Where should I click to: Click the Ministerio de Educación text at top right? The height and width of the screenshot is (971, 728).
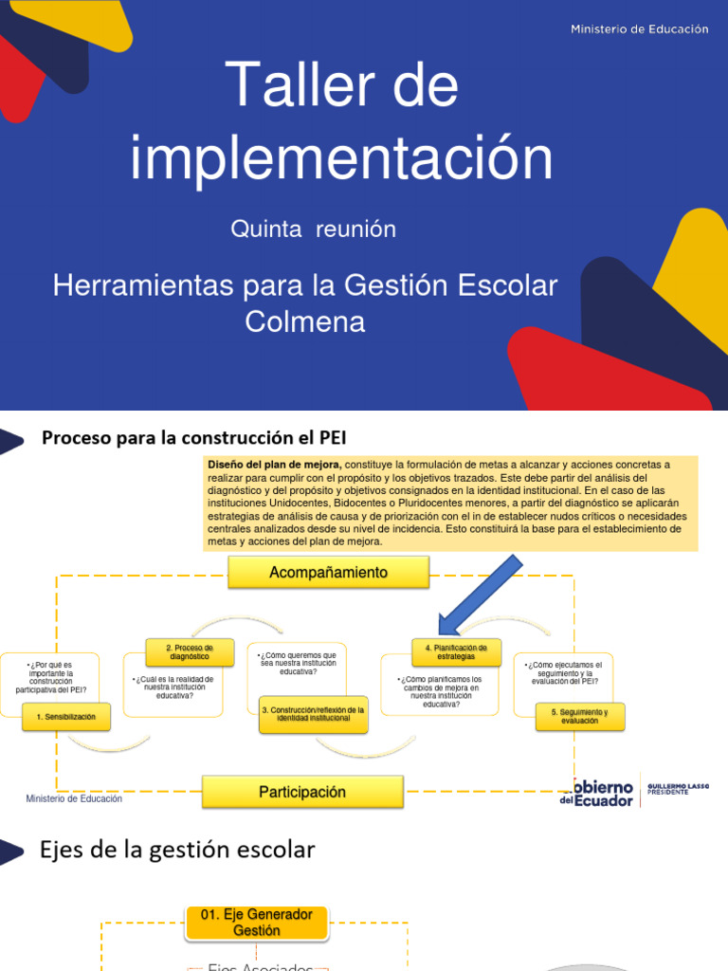point(639,29)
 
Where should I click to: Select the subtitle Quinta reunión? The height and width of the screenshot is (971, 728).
point(314,229)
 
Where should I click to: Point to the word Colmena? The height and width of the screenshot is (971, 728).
point(304,321)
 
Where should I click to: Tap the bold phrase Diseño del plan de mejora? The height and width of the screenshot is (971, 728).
point(274,465)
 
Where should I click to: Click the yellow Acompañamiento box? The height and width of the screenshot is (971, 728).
point(328,573)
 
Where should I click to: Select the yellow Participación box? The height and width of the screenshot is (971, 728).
point(302,792)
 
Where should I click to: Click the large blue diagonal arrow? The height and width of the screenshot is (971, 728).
point(480,595)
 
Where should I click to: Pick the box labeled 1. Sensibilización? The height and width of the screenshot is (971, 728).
point(66,717)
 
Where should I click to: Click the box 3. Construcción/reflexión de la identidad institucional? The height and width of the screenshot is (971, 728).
point(314,714)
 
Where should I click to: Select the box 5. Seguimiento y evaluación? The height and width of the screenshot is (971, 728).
point(579,716)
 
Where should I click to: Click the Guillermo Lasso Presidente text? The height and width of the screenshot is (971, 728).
point(677,788)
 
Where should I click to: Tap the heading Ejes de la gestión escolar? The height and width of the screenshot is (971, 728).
point(177,850)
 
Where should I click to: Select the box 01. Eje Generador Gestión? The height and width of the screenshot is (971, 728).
point(256,923)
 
